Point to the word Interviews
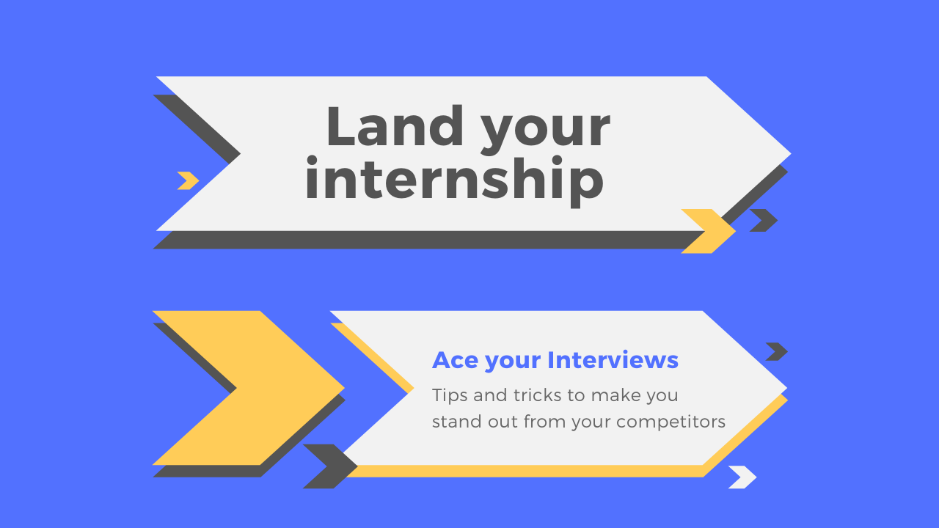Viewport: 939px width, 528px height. click(613, 360)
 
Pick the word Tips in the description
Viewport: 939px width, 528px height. click(450, 395)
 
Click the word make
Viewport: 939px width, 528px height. click(611, 395)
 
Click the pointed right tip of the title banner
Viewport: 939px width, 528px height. click(791, 154)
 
